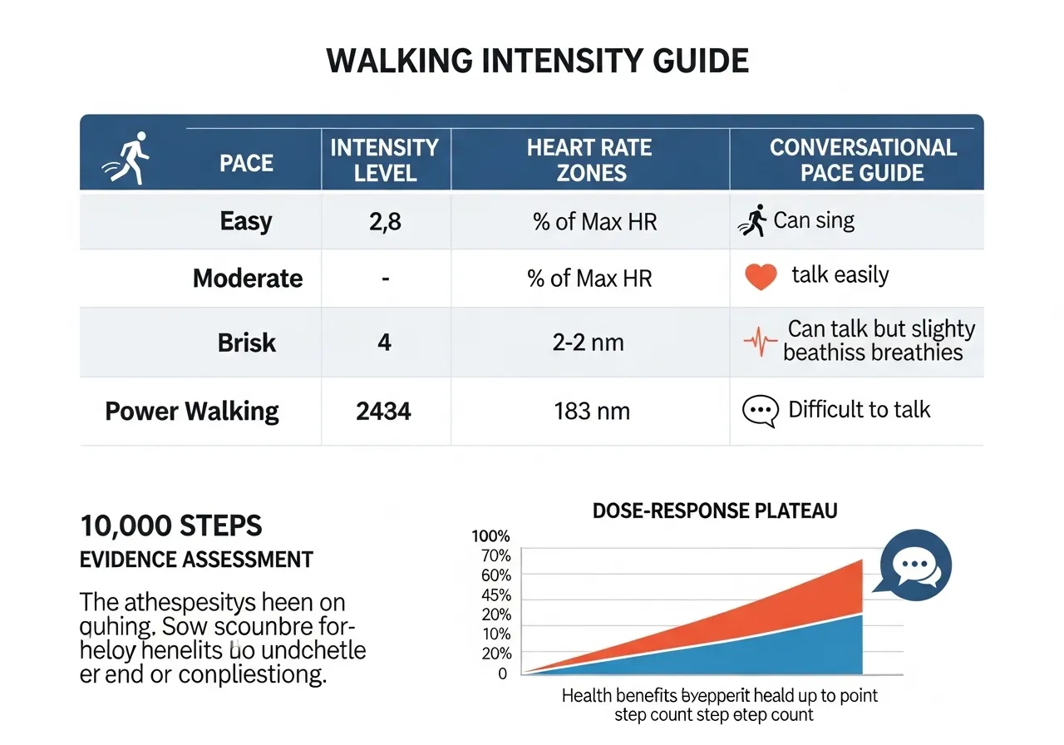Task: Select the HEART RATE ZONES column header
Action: click(589, 160)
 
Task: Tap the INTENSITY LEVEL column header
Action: click(384, 160)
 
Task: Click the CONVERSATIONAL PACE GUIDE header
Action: click(863, 160)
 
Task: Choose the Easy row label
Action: click(246, 221)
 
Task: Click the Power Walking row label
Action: click(192, 411)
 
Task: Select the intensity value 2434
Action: click(383, 411)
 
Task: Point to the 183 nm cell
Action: click(591, 411)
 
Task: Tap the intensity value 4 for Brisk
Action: click(384, 342)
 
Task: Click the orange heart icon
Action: click(761, 277)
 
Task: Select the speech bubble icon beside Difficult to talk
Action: click(760, 411)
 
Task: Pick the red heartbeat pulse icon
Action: click(760, 342)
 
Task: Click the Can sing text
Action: click(814, 220)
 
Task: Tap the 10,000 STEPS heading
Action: click(170, 526)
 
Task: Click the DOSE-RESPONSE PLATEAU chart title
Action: click(715, 511)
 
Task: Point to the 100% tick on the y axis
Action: click(490, 536)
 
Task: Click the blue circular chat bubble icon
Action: click(914, 565)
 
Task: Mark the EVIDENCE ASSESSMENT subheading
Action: click(196, 560)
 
